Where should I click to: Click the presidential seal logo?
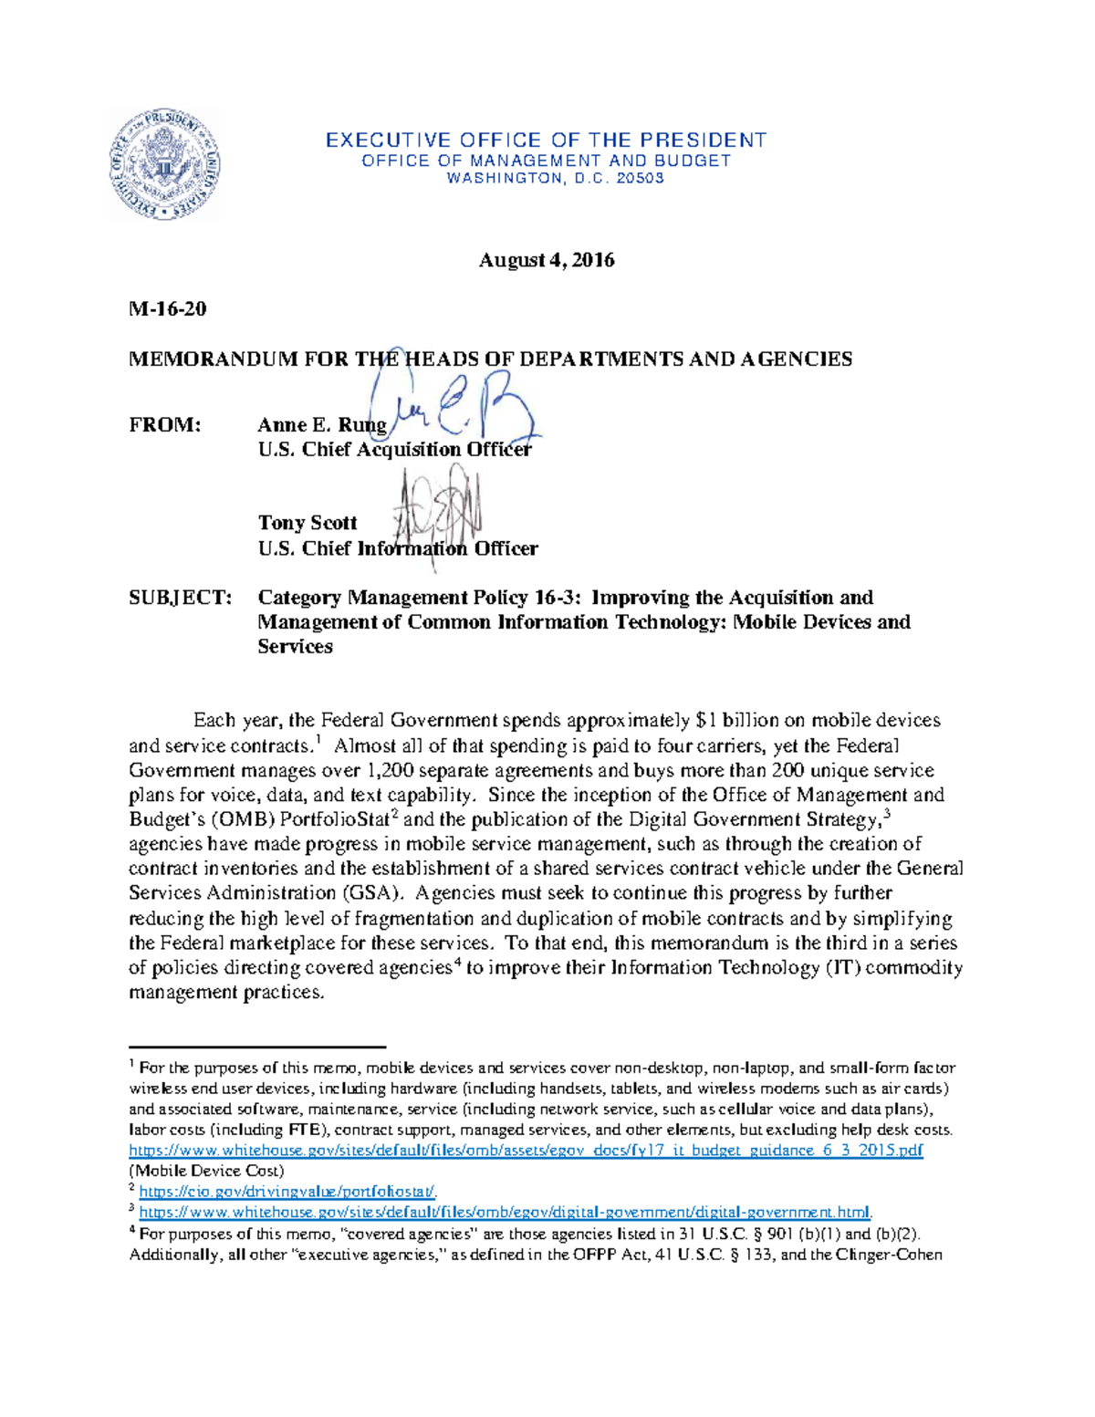[x=163, y=164]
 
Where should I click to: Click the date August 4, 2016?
[x=547, y=260]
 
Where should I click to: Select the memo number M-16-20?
[x=168, y=308]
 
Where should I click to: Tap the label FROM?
[x=164, y=424]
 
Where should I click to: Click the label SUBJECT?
[x=180, y=598]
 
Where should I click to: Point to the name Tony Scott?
[x=307, y=523]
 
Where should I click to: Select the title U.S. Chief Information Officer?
[x=397, y=548]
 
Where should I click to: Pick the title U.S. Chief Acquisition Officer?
[x=394, y=449]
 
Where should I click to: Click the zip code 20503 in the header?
[x=641, y=179]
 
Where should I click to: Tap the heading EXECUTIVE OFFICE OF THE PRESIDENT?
[x=546, y=140]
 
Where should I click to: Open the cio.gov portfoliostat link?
[x=287, y=1192]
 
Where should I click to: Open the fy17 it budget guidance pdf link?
[x=526, y=1151]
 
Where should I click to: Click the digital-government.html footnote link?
[x=506, y=1213]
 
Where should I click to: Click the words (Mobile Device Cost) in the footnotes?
[x=206, y=1171]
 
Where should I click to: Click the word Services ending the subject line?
[x=295, y=647]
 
